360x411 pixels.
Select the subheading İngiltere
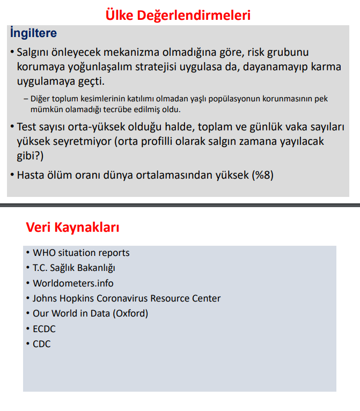[33, 33]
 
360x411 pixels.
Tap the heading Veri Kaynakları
[72, 227]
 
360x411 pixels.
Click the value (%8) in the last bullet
[262, 175]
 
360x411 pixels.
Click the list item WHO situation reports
[81, 253]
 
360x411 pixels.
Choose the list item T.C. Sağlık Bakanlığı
[74, 268]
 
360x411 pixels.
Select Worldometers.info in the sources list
[73, 283]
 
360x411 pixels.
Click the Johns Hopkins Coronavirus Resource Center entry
[127, 298]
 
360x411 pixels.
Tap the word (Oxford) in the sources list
[130, 313]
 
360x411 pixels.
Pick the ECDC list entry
[44, 329]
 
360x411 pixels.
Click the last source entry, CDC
[42, 344]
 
